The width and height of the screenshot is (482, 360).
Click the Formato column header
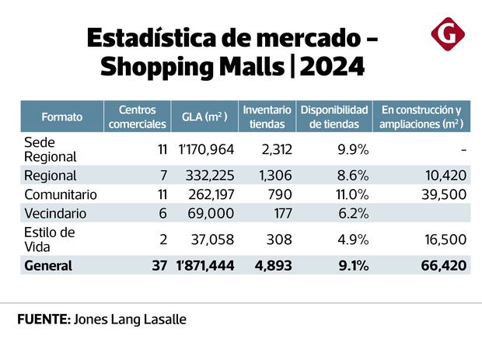click(62, 117)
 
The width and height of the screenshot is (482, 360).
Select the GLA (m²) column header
click(204, 117)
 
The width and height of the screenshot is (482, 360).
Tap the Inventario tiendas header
click(267, 117)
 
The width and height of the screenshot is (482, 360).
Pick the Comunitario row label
click(61, 194)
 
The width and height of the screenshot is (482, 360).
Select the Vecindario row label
click(55, 213)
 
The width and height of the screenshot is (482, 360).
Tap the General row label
click(48, 265)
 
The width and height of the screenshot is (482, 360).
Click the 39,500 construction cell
click(445, 194)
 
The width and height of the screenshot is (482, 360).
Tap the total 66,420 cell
click(443, 265)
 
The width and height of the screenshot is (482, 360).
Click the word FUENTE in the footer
click(44, 320)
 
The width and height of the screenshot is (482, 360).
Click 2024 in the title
click(332, 67)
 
